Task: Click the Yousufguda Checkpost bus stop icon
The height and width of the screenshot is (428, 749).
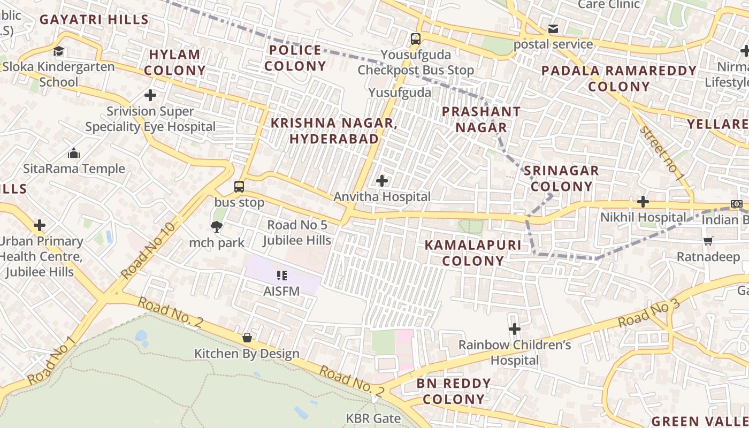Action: click(415, 39)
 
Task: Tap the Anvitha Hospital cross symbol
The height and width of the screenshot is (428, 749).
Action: click(382, 181)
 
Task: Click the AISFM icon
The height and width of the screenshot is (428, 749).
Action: click(282, 276)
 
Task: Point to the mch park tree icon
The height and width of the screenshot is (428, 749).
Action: click(217, 227)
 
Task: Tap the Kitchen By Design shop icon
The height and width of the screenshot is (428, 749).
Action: click(247, 338)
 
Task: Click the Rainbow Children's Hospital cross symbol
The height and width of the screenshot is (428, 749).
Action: click(515, 329)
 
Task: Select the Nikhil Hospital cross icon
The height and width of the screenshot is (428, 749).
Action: click(643, 202)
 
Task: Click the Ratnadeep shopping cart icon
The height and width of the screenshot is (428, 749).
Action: click(708, 241)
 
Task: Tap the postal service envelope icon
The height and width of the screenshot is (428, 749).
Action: click(553, 28)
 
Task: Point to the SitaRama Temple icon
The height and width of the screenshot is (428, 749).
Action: click(74, 154)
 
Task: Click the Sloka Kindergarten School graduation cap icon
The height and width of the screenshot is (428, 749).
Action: click(58, 51)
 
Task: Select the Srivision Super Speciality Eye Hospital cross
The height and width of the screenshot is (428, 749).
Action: click(150, 96)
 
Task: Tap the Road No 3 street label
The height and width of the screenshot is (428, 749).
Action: click(648, 314)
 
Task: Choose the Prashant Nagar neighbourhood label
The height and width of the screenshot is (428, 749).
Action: click(480, 119)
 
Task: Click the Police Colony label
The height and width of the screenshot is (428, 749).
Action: click(295, 58)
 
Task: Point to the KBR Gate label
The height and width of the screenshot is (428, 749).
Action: click(373, 418)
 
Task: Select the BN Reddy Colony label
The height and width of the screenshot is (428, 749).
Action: click(454, 391)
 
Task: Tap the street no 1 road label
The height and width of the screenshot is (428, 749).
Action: click(661, 153)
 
